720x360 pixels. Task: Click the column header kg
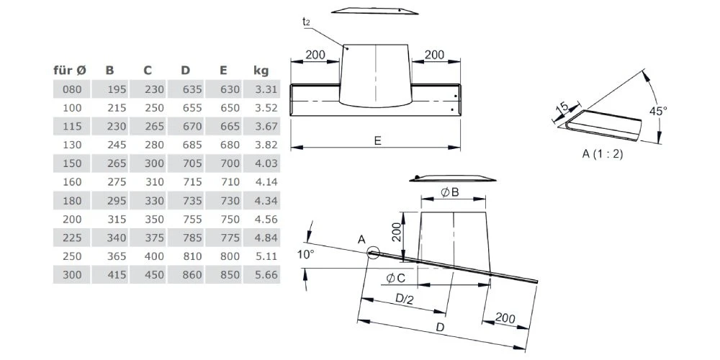(261, 71)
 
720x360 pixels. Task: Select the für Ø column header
(70, 71)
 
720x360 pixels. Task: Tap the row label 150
(73, 163)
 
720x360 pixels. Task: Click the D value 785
(192, 238)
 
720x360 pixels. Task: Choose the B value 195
(117, 89)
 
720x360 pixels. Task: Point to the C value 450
(154, 274)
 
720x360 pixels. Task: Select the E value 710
(230, 182)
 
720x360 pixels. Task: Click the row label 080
(73, 89)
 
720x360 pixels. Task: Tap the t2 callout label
(306, 23)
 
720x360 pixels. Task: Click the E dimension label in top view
(377, 140)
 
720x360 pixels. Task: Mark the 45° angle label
(659, 111)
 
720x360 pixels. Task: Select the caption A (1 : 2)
(603, 154)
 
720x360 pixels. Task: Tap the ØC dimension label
(395, 277)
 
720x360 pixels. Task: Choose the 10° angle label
(305, 254)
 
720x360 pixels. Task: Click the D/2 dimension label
(405, 298)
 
